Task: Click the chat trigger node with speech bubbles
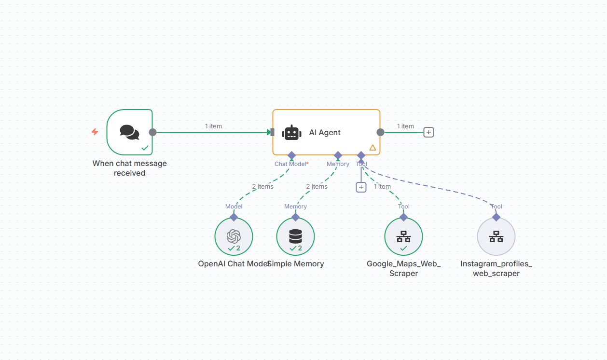[x=129, y=132]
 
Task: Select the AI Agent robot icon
[x=292, y=133]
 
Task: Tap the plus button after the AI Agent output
[x=428, y=132]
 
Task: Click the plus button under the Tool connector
[x=361, y=187]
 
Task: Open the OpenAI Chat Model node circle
[x=234, y=236]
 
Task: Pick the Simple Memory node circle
[x=295, y=236]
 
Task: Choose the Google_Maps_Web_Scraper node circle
[x=403, y=236]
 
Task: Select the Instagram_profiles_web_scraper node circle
[x=496, y=236]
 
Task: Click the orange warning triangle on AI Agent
[x=372, y=148]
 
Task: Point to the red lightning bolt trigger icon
[x=95, y=132]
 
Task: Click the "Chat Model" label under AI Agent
[x=290, y=164]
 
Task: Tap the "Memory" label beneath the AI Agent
[x=338, y=164]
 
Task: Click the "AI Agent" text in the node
[x=325, y=133]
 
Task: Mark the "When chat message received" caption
[x=129, y=168]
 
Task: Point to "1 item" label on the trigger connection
[x=213, y=126]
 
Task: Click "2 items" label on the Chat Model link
[x=262, y=187]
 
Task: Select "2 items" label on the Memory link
[x=317, y=187]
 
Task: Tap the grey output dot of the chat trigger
[x=152, y=132]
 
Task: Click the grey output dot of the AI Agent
[x=380, y=132]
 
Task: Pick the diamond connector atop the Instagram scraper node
[x=496, y=217]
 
